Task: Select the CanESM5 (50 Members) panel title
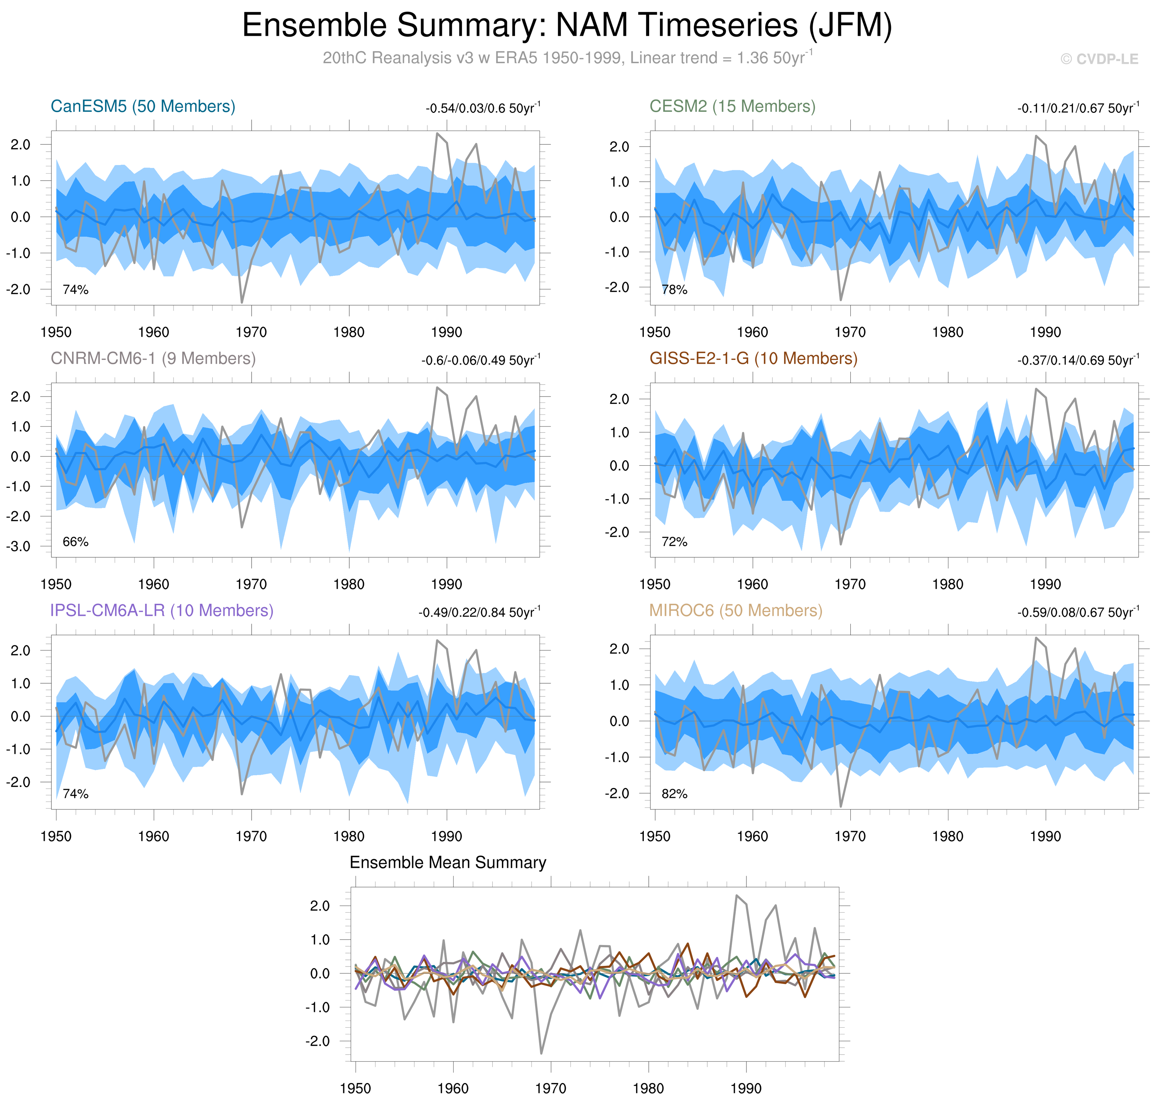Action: click(x=143, y=106)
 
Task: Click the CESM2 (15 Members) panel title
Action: click(x=732, y=106)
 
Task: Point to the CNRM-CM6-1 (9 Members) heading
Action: click(x=153, y=359)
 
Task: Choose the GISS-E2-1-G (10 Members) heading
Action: click(x=753, y=359)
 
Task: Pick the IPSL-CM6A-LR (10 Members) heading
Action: click(x=161, y=611)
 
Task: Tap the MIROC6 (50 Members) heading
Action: click(x=735, y=611)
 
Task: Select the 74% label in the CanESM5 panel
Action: click(x=75, y=290)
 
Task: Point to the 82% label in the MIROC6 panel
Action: click(x=674, y=794)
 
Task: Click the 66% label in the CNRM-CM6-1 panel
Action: click(x=75, y=542)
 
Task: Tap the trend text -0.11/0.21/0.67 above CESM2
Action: click(x=1078, y=108)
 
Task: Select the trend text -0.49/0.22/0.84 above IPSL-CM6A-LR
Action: click(x=479, y=613)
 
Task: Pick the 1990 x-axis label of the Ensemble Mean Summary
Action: click(x=746, y=1089)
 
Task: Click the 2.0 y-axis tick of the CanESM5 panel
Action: click(x=21, y=145)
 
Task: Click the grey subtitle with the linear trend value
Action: click(x=567, y=58)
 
